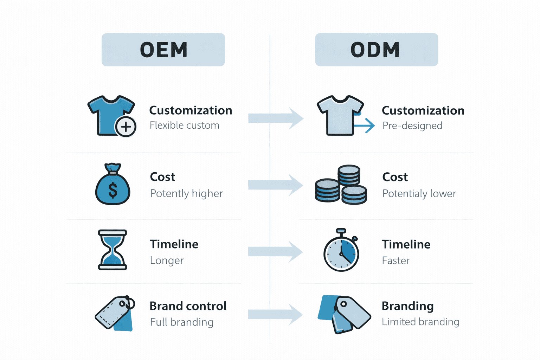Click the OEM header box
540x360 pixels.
tap(163, 50)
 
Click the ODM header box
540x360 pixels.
tap(376, 50)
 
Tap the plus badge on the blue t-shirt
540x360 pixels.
tap(126, 127)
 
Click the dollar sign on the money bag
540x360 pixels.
tap(113, 190)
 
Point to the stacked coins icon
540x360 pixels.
tap(341, 185)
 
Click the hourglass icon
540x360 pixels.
tap(112, 250)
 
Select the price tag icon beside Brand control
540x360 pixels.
tap(115, 313)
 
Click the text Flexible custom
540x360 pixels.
tap(184, 126)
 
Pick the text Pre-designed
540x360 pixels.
tap(412, 126)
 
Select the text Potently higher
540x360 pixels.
tap(186, 193)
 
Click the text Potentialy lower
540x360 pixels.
tap(419, 193)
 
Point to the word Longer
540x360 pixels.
tap(167, 261)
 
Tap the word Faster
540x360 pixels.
tap(396, 261)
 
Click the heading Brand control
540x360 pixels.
tap(188, 306)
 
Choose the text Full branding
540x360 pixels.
tap(181, 322)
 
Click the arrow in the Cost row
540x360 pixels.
tap(275, 185)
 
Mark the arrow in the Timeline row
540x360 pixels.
tap(275, 252)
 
